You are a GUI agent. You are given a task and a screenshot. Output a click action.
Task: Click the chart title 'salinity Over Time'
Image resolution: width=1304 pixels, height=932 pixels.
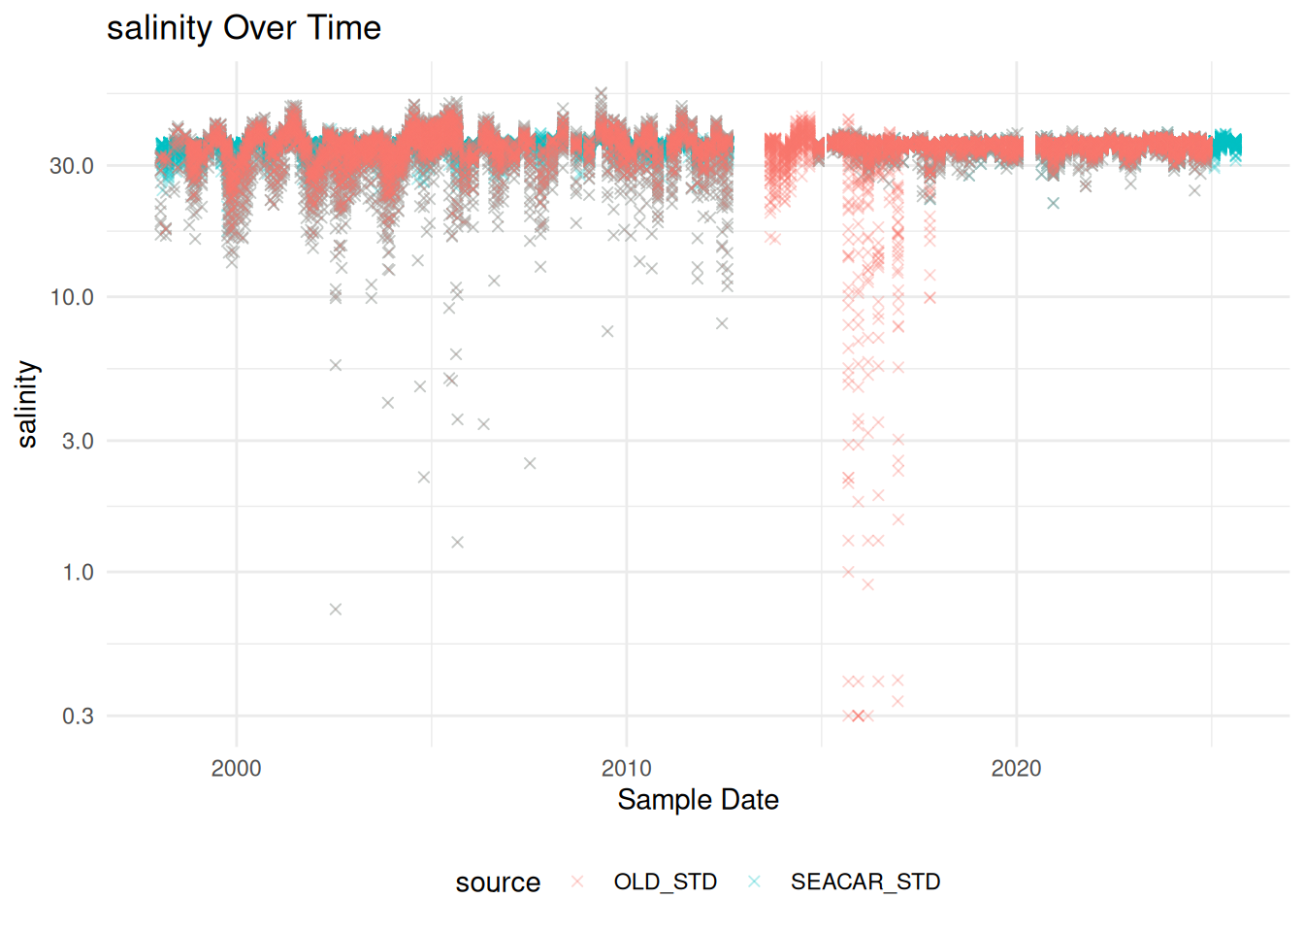(x=244, y=28)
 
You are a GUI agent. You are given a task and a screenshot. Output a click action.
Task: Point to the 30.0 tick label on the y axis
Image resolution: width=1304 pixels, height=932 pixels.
(x=72, y=166)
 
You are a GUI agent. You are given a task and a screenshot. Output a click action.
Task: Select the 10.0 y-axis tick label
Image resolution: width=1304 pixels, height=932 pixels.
(x=72, y=298)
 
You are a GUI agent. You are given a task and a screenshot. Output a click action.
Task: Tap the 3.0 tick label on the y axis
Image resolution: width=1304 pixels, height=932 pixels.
(x=78, y=441)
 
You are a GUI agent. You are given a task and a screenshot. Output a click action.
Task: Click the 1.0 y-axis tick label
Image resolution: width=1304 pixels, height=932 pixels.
(x=78, y=573)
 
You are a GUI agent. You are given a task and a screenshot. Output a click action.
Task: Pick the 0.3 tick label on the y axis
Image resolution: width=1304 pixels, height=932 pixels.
(x=78, y=716)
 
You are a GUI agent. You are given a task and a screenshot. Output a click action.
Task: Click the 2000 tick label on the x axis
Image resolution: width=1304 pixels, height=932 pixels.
(x=236, y=768)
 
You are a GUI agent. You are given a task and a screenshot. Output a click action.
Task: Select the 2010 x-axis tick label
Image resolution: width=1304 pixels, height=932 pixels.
(x=627, y=768)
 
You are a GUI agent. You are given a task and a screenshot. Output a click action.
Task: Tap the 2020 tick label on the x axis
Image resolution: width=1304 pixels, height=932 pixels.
(x=1017, y=768)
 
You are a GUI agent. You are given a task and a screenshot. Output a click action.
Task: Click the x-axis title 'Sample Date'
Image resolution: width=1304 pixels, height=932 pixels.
(x=698, y=800)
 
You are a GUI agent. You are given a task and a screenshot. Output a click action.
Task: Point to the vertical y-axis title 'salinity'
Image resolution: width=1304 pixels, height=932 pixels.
(x=27, y=404)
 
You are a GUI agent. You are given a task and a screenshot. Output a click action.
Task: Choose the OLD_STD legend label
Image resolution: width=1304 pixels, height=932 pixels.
(x=666, y=882)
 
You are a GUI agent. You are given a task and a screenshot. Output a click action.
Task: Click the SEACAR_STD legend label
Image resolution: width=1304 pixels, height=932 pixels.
(x=865, y=882)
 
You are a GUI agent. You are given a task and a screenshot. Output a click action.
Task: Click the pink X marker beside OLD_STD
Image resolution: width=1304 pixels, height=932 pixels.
(x=577, y=882)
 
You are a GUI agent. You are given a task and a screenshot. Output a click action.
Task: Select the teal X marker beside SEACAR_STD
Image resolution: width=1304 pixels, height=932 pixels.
(x=754, y=882)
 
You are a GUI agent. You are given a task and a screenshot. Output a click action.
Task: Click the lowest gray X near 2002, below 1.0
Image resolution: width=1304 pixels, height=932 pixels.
(x=336, y=610)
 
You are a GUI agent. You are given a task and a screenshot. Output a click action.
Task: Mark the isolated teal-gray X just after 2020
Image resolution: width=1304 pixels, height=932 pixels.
(x=1053, y=203)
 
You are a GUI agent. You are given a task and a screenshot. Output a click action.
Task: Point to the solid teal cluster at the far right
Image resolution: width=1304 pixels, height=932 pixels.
(x=1227, y=144)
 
